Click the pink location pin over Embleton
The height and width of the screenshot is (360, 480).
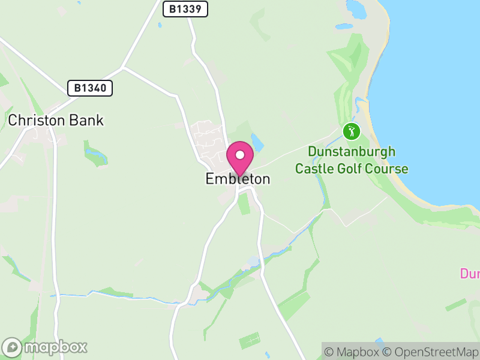click(240, 159)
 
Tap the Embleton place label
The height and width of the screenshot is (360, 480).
click(238, 179)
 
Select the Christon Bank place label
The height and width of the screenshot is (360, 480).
click(56, 120)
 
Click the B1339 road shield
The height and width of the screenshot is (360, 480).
click(185, 8)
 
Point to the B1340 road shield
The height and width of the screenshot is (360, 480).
click(90, 88)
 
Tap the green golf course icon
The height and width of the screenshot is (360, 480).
click(351, 131)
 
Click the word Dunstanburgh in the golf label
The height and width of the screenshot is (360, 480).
click(352, 152)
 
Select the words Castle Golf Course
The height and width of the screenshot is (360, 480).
click(352, 169)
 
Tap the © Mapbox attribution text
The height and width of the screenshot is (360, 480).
click(352, 352)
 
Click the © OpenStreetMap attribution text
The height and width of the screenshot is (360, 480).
click(431, 352)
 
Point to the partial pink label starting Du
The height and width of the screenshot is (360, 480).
click(470, 274)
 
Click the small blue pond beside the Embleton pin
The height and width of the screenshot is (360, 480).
click(258, 142)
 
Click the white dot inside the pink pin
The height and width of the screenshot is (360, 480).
click(240, 155)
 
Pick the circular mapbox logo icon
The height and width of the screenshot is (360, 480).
click(12, 347)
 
